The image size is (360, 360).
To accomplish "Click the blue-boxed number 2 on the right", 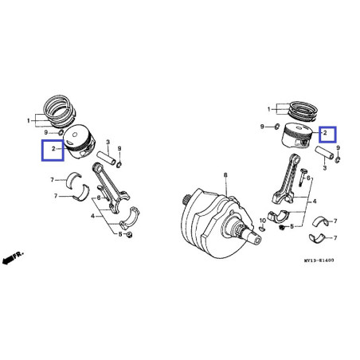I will click(x=327, y=134).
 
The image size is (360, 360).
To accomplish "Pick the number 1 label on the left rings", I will click(x=30, y=120).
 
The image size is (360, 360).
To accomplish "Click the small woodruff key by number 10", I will click(x=261, y=228).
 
